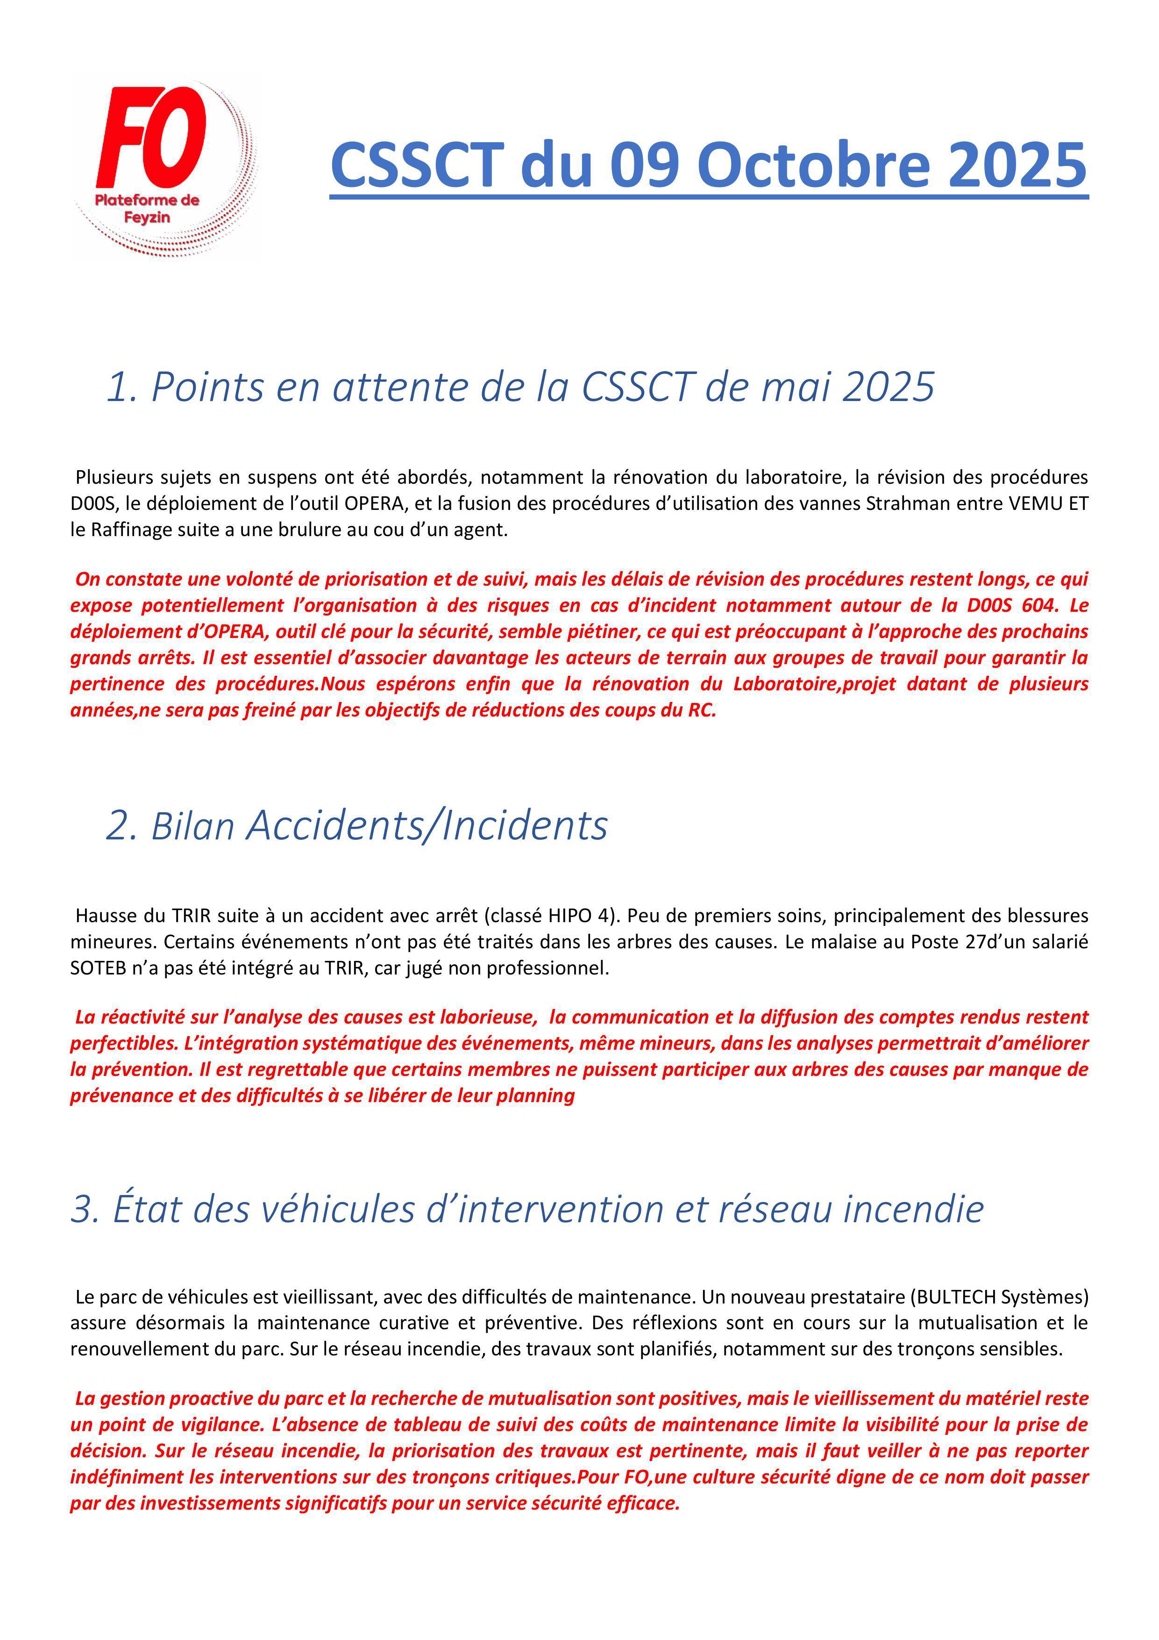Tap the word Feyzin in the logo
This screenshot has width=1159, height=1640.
[147, 218]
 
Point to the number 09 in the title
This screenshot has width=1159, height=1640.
[647, 165]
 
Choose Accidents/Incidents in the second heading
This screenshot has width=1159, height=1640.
[427, 826]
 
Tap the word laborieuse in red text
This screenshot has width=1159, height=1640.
[483, 1017]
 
